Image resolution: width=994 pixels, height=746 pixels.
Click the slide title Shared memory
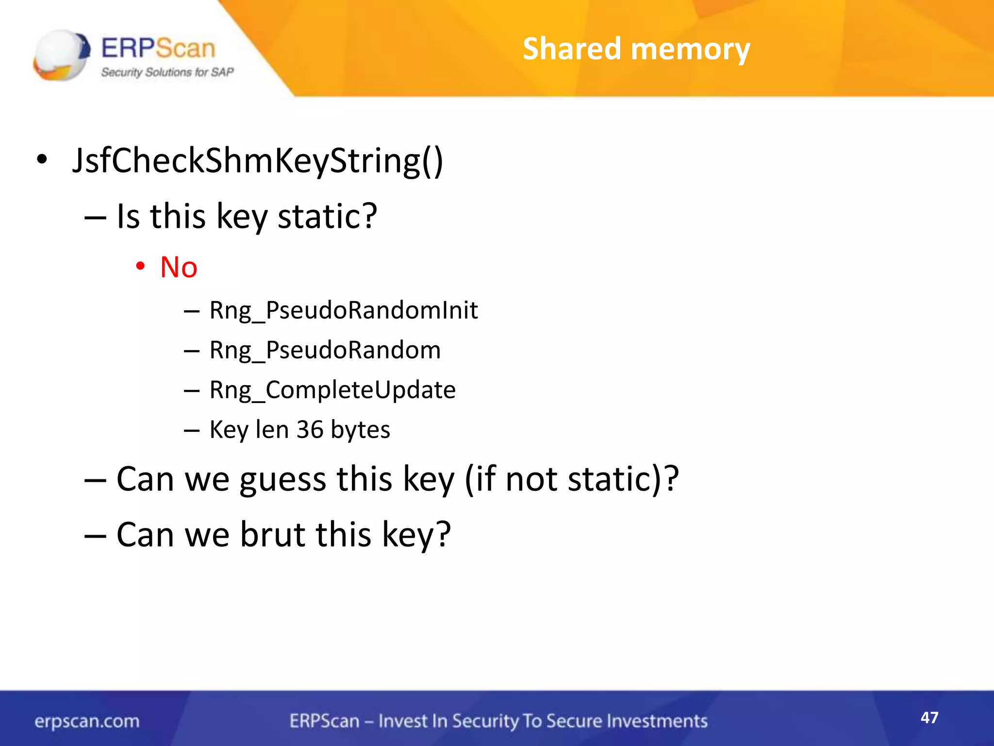click(x=636, y=49)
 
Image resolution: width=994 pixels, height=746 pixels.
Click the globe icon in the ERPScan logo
click(x=61, y=54)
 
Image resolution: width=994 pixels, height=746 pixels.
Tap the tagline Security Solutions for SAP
click(x=167, y=72)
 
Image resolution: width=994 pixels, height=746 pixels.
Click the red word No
click(x=179, y=267)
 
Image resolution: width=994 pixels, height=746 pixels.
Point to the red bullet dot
click(x=140, y=266)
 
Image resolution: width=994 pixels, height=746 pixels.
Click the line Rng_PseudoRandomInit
click(x=343, y=310)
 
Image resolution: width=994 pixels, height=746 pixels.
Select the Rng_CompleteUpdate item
click(x=332, y=390)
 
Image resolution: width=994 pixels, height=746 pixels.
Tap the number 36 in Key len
click(x=310, y=429)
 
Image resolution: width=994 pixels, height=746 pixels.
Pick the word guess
click(x=282, y=479)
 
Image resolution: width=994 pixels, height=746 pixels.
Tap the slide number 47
click(x=929, y=717)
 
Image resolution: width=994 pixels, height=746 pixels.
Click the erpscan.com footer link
click(x=87, y=721)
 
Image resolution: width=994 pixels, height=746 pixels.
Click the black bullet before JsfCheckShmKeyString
click(x=42, y=159)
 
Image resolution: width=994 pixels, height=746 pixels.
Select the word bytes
click(x=361, y=429)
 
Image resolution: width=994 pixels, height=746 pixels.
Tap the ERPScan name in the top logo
click(x=158, y=48)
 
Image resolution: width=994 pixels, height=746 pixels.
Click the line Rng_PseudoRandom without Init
click(x=325, y=350)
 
